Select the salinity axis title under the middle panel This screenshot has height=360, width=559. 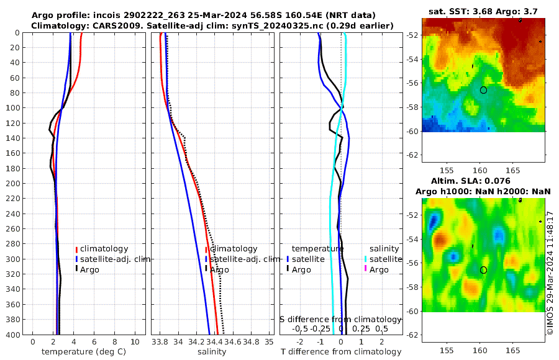click(211, 352)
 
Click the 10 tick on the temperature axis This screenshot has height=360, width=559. click(135, 342)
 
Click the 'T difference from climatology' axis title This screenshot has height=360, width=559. click(341, 352)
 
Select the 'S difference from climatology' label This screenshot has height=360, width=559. click(341, 319)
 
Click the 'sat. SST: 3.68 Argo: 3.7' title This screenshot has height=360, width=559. click(483, 11)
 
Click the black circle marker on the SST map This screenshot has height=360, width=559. click(483, 90)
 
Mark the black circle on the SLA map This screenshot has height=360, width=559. click(483, 270)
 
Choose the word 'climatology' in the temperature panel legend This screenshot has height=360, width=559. click(104, 248)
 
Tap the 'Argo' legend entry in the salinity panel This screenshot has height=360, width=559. click(219, 269)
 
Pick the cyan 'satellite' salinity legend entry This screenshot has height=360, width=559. click(383, 259)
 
